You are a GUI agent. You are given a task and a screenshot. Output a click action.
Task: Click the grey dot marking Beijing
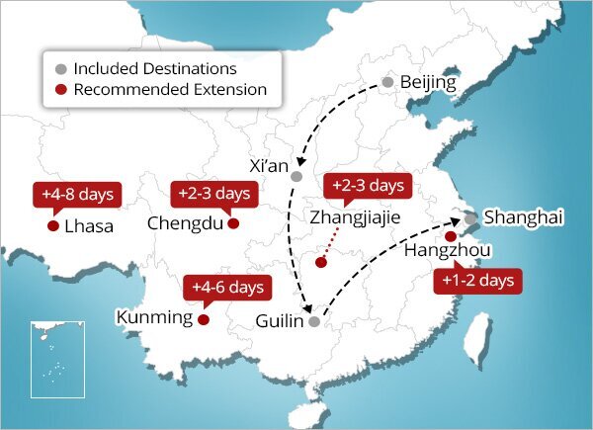click(x=388, y=82)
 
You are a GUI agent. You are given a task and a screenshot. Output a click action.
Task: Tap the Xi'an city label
click(x=270, y=165)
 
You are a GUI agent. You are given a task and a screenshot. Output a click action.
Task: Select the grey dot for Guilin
click(x=314, y=321)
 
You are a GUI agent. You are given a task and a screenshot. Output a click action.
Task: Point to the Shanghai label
click(x=523, y=217)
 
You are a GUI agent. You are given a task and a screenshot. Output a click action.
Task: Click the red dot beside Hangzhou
click(x=451, y=236)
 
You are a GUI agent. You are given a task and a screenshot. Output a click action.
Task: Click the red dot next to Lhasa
click(x=52, y=225)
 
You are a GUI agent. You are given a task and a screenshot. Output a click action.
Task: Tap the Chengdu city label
click(x=185, y=223)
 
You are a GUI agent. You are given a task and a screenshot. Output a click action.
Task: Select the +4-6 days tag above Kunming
click(x=226, y=288)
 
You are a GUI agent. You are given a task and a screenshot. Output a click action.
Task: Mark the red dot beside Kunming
click(x=203, y=319)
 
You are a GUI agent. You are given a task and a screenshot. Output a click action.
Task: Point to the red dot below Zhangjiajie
click(x=320, y=262)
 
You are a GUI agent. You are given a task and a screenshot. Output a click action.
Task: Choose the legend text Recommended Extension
click(x=170, y=90)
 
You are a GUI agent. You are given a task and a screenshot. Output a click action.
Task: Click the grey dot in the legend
click(x=61, y=69)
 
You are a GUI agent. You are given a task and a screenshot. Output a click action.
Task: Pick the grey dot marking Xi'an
click(x=296, y=176)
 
